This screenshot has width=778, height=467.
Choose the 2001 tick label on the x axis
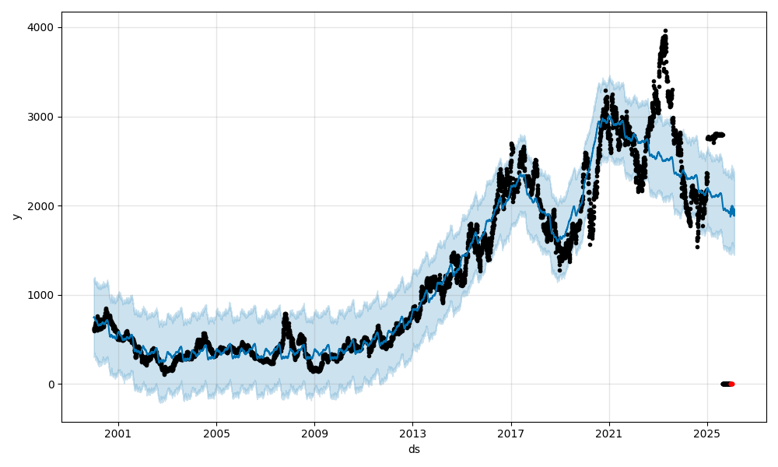click(118, 434)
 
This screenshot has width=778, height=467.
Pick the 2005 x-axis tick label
click(216, 434)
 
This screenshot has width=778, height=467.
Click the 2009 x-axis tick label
click(314, 434)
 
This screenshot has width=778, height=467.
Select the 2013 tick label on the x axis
click(412, 434)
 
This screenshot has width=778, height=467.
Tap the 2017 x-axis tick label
click(511, 434)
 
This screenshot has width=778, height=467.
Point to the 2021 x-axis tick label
click(609, 434)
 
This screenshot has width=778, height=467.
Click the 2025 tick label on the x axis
click(707, 434)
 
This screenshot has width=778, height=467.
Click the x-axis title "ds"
click(414, 449)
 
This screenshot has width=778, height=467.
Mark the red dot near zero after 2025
click(731, 384)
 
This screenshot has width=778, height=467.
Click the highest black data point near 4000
click(665, 31)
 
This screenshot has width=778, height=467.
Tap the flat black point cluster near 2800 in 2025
click(716, 135)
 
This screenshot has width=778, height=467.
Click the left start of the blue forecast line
click(94, 317)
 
